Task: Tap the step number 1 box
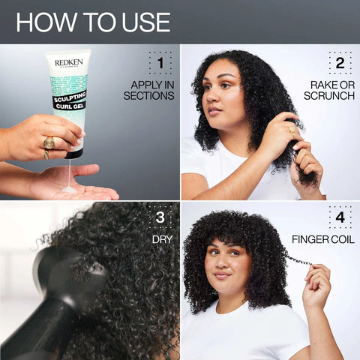coord(160,63)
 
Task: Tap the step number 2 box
coord(340,63)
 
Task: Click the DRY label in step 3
coord(163,240)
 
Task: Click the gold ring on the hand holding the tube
coord(49,142)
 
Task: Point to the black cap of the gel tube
coord(73,152)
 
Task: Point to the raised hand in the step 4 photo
coord(317,281)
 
